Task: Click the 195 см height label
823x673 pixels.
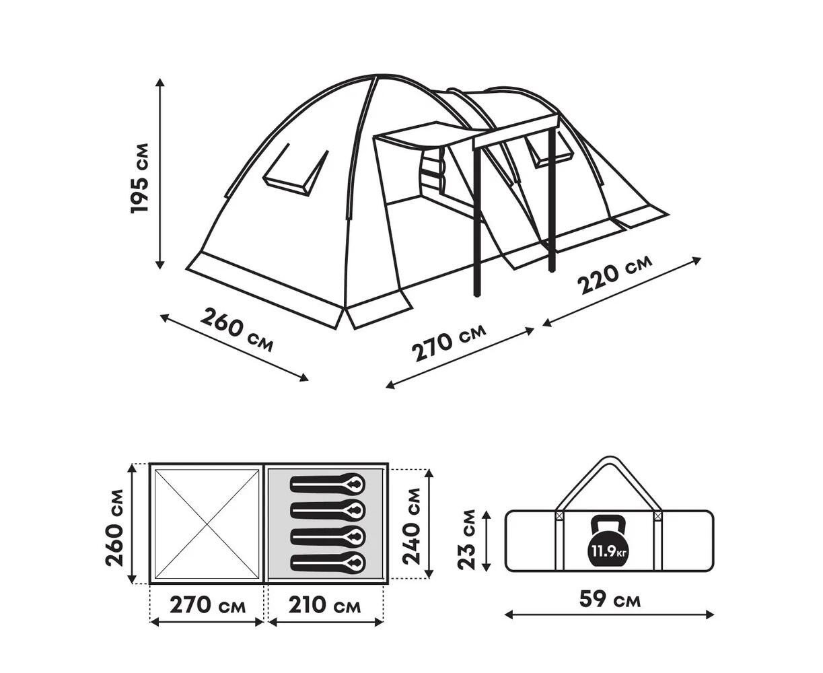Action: coord(139,178)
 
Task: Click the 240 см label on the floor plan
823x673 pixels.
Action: coord(412,526)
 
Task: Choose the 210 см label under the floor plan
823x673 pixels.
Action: coord(324,605)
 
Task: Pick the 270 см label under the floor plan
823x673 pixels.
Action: coord(208,605)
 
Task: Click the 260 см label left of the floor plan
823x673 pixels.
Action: coord(114,528)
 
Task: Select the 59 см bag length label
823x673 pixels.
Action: coord(610,600)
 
